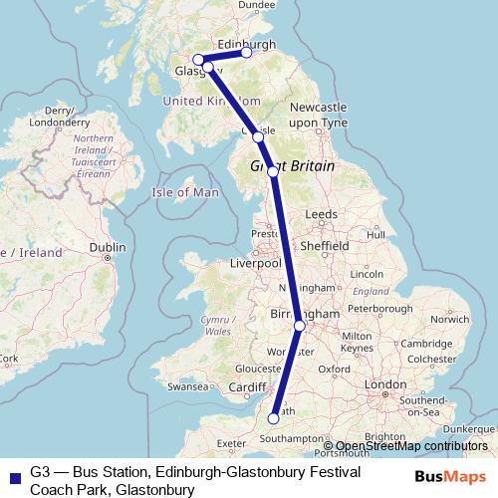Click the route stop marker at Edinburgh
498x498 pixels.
247,53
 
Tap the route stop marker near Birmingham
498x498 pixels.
300,326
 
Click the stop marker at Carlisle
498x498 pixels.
258,135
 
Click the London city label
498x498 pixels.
385,383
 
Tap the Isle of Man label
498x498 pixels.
184,191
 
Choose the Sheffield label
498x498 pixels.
327,245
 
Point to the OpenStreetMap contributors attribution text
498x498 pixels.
412,446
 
